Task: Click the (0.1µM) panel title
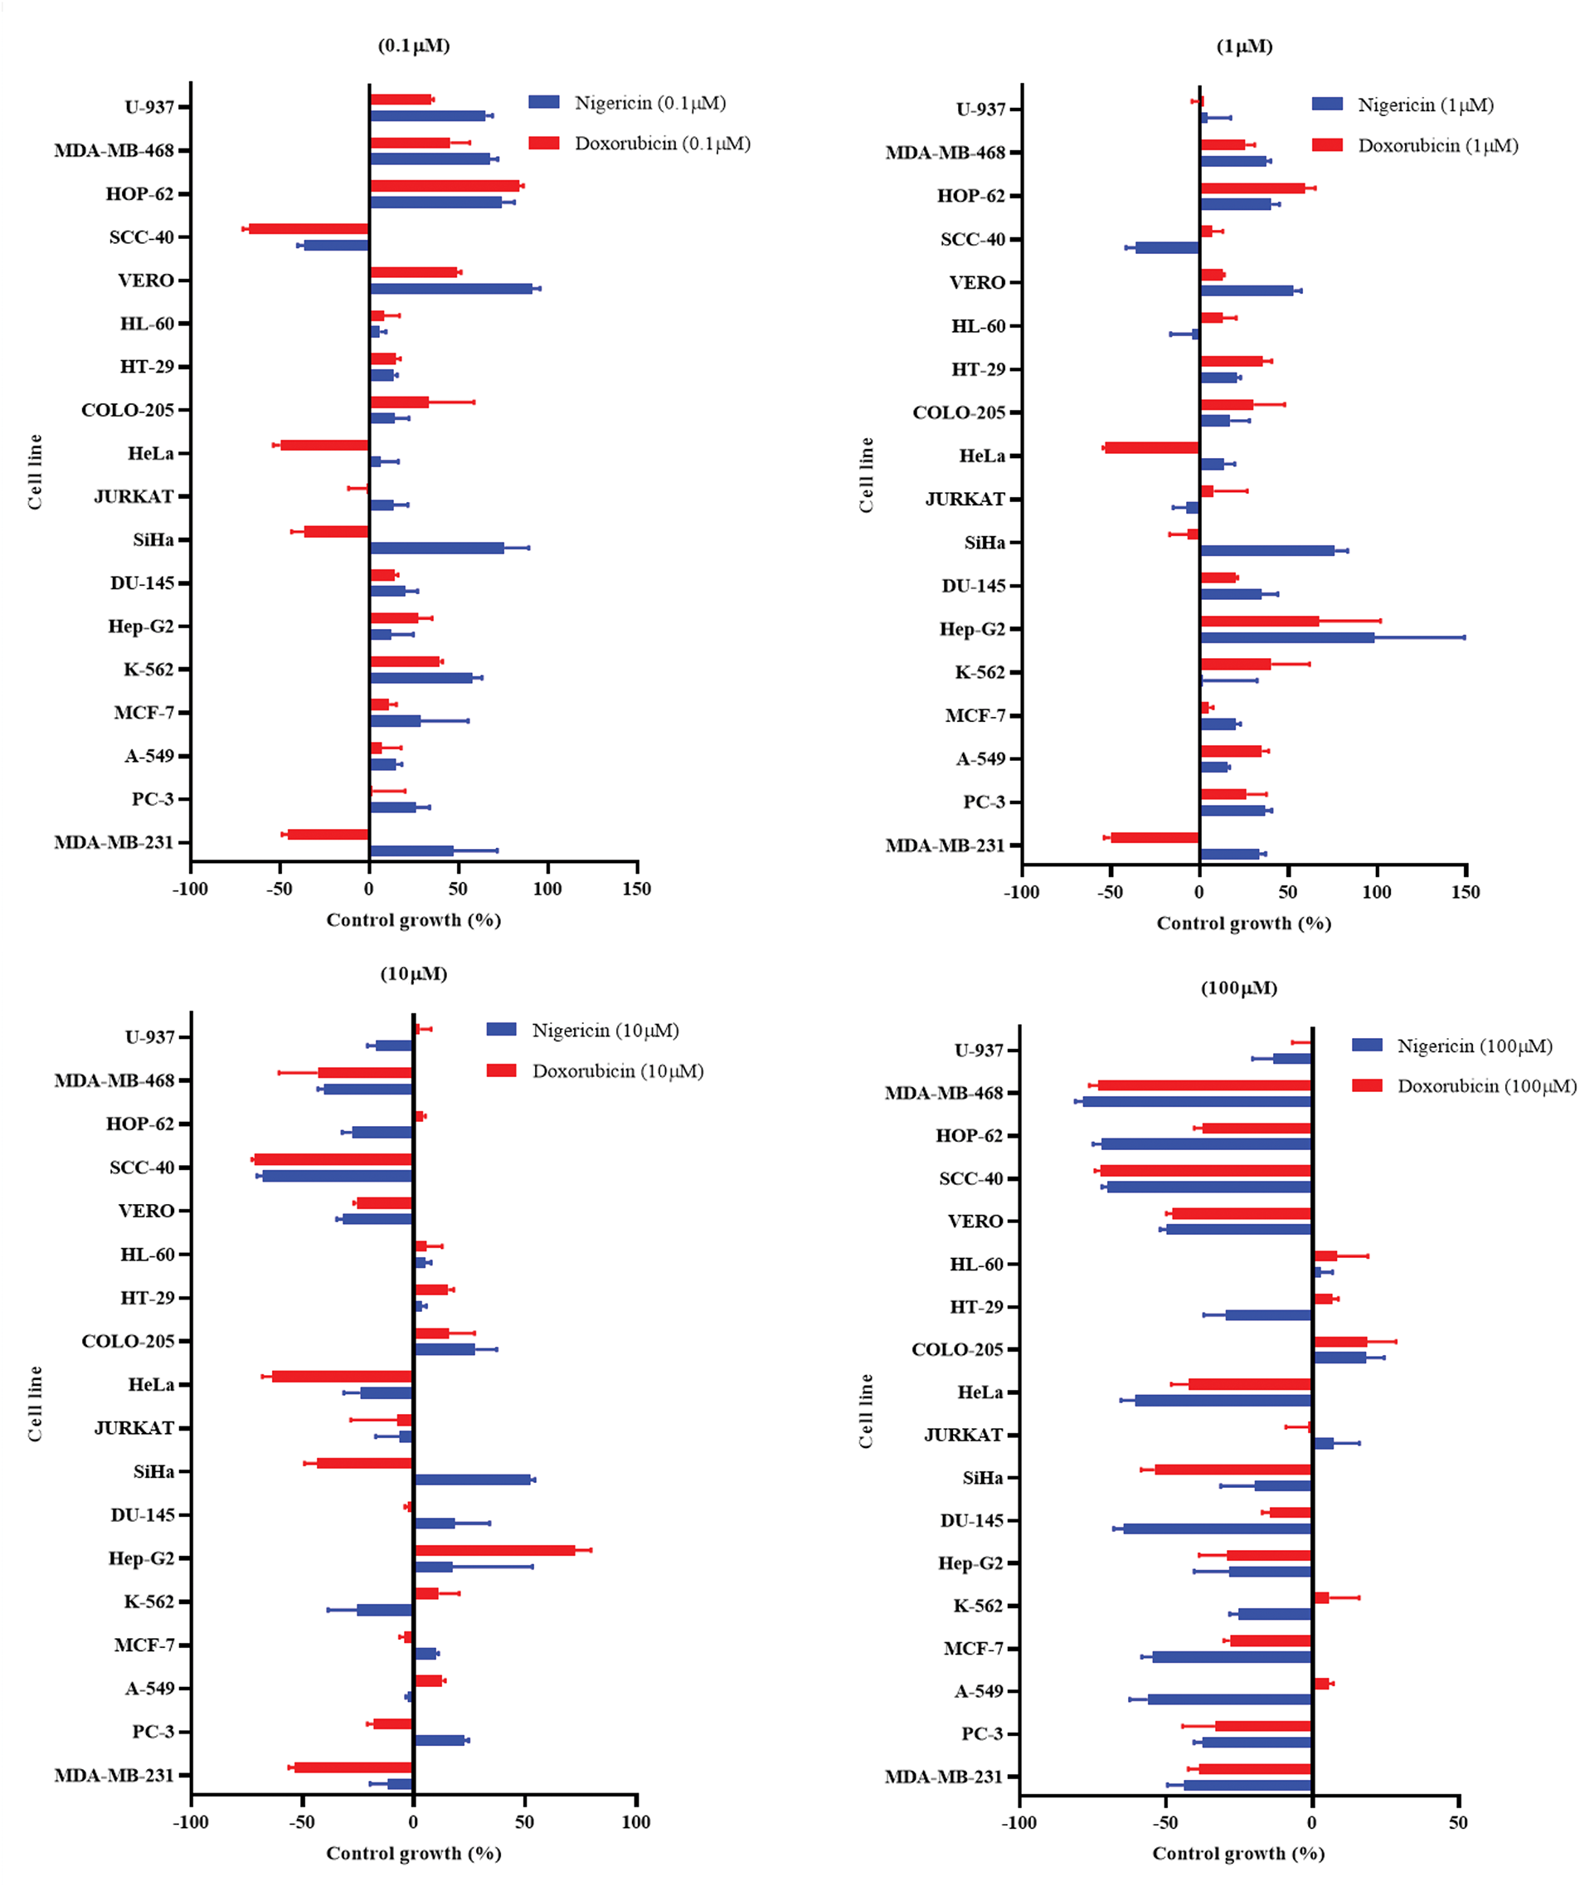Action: coord(413,45)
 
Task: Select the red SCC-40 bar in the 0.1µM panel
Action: coord(307,228)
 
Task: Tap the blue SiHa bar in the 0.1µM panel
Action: coord(436,547)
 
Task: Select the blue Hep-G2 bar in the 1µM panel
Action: coord(1287,637)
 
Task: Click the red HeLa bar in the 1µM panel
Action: coord(1152,447)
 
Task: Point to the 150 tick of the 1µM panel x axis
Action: coord(1465,892)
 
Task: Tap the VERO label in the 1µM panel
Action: coord(976,283)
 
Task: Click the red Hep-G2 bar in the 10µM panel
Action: coord(495,1550)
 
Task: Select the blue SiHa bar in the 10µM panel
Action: coord(473,1479)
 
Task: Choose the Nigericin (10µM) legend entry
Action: coord(583,1031)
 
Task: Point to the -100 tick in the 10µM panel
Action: coord(191,1822)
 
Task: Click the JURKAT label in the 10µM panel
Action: coord(134,1428)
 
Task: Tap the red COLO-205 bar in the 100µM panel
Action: coord(1340,1341)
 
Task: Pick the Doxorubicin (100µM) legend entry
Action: coord(1464,1086)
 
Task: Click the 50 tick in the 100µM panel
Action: coord(1458,1823)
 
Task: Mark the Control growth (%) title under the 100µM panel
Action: coord(1237,1854)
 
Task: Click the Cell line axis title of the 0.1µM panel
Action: coord(35,471)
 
